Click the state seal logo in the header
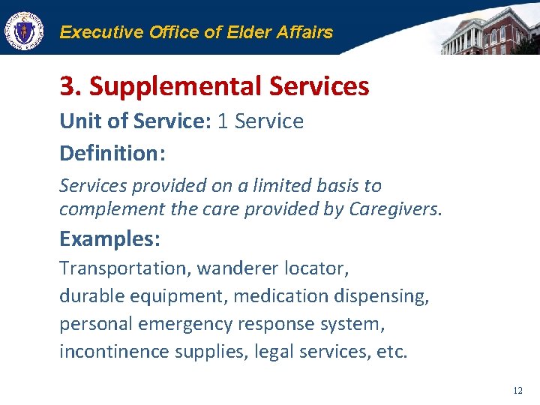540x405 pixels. click(24, 31)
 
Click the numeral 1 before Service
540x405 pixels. click(223, 121)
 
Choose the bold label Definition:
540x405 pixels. click(112, 154)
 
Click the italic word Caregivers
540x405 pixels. click(395, 209)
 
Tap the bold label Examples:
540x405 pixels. click(109, 239)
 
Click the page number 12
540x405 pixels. click(517, 391)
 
